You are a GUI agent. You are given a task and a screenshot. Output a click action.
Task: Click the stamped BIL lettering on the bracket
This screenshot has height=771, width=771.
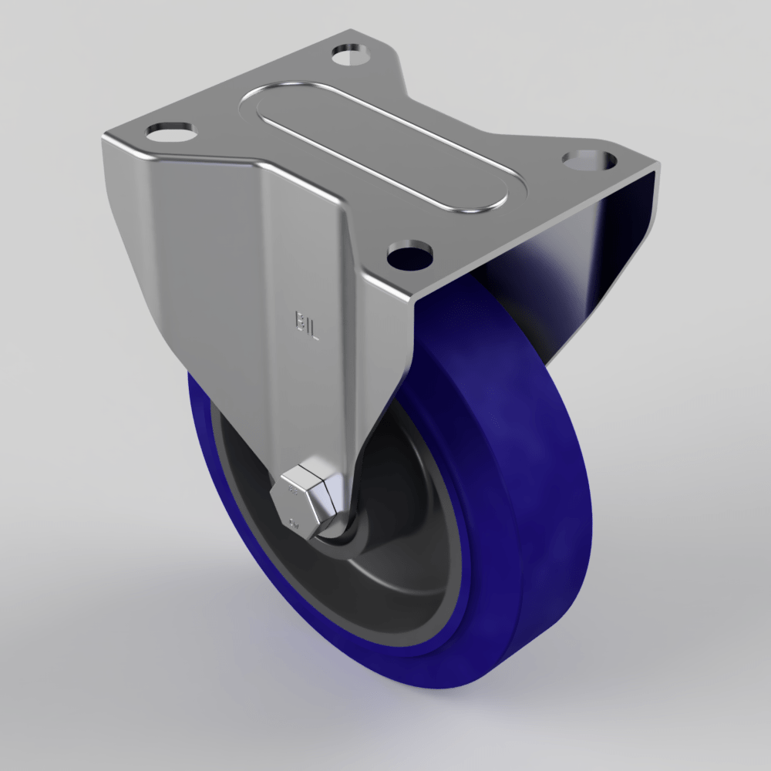[x=306, y=319]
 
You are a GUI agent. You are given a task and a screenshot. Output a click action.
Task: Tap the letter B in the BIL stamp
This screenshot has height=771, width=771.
[x=298, y=319]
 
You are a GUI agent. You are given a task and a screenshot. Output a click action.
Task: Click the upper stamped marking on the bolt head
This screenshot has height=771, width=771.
[x=292, y=490]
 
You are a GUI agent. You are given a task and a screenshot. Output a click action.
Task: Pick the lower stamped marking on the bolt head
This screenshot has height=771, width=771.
[x=294, y=524]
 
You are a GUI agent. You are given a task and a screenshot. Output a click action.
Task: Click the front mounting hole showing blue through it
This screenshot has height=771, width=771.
[x=409, y=254]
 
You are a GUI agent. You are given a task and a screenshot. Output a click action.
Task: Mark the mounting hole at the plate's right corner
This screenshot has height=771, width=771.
[x=590, y=160]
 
